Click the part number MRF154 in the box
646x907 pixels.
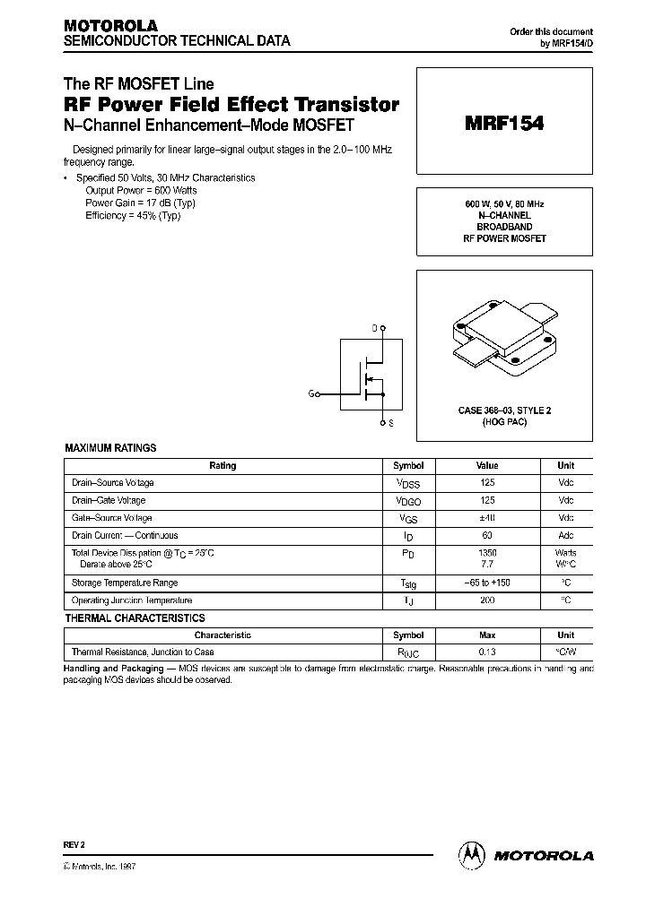[504, 125]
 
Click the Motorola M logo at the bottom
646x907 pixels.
[472, 855]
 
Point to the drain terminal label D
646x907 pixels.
[374, 329]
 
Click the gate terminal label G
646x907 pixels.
[311, 393]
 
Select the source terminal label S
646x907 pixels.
[389, 421]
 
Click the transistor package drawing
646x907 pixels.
[503, 341]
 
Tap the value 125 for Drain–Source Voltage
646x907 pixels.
[487, 483]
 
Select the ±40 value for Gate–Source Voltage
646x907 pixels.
[487, 518]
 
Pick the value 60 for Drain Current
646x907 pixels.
[487, 536]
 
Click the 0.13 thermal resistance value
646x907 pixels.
[487, 652]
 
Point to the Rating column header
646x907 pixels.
[223, 466]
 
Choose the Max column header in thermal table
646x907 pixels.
[487, 635]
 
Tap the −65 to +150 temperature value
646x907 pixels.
[487, 583]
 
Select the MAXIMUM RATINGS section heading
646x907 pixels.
[110, 447]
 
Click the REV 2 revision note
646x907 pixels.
[74, 845]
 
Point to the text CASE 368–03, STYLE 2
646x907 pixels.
[504, 410]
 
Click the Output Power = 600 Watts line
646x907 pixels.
[141, 190]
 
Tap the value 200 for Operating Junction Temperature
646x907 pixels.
[487, 600]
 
